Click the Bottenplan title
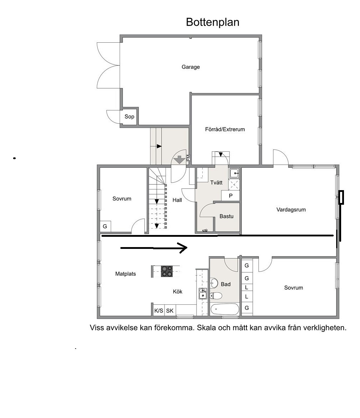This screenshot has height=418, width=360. [x=213, y=22]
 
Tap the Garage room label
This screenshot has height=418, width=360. [x=191, y=67]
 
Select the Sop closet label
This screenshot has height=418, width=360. [x=129, y=116]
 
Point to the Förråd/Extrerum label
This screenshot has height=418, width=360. [x=225, y=129]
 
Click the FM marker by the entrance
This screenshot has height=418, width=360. [x=188, y=158]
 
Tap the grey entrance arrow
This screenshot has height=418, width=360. [x=179, y=160]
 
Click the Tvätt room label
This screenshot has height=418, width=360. [x=216, y=183]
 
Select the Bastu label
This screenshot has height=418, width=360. [x=226, y=216]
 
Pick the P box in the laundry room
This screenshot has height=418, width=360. [x=231, y=196]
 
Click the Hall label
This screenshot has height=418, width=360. [x=177, y=200]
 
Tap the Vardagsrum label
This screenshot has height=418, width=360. [x=291, y=209]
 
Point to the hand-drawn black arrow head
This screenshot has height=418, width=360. [x=183, y=248]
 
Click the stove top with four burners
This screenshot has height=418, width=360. [x=167, y=271]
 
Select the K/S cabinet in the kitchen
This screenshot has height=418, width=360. [x=159, y=310]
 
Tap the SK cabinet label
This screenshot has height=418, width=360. [x=170, y=310]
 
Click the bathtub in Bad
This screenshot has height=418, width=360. [x=225, y=309]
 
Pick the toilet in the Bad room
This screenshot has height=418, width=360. [x=216, y=296]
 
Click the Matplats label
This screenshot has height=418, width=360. [x=126, y=274]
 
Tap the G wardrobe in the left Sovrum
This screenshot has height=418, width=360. [x=105, y=226]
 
